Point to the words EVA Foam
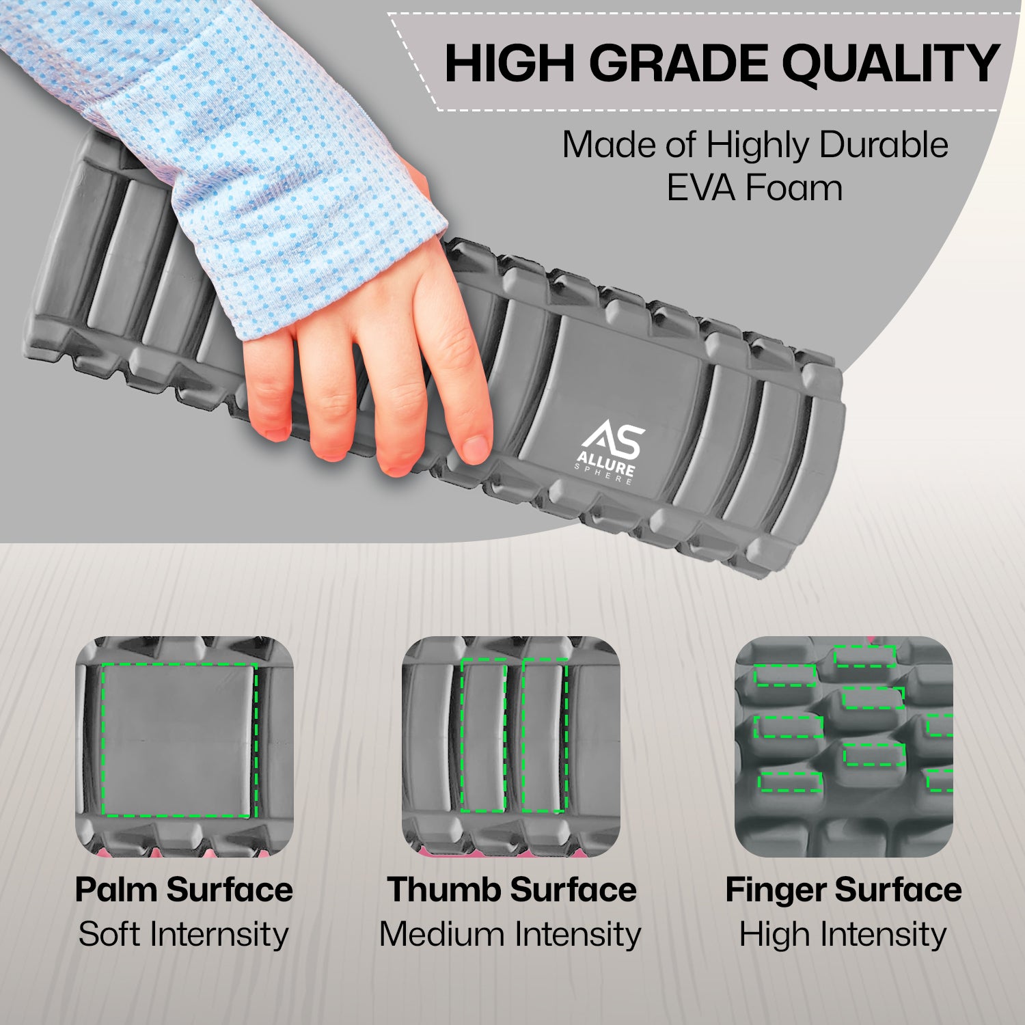coord(754,187)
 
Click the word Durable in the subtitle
coord(884,144)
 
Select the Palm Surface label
coord(184,890)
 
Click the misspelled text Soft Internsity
coord(183,933)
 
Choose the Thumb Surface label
coord(512,890)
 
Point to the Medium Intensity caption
coord(510,934)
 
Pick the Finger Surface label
coord(843,890)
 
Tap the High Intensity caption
coord(843,934)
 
